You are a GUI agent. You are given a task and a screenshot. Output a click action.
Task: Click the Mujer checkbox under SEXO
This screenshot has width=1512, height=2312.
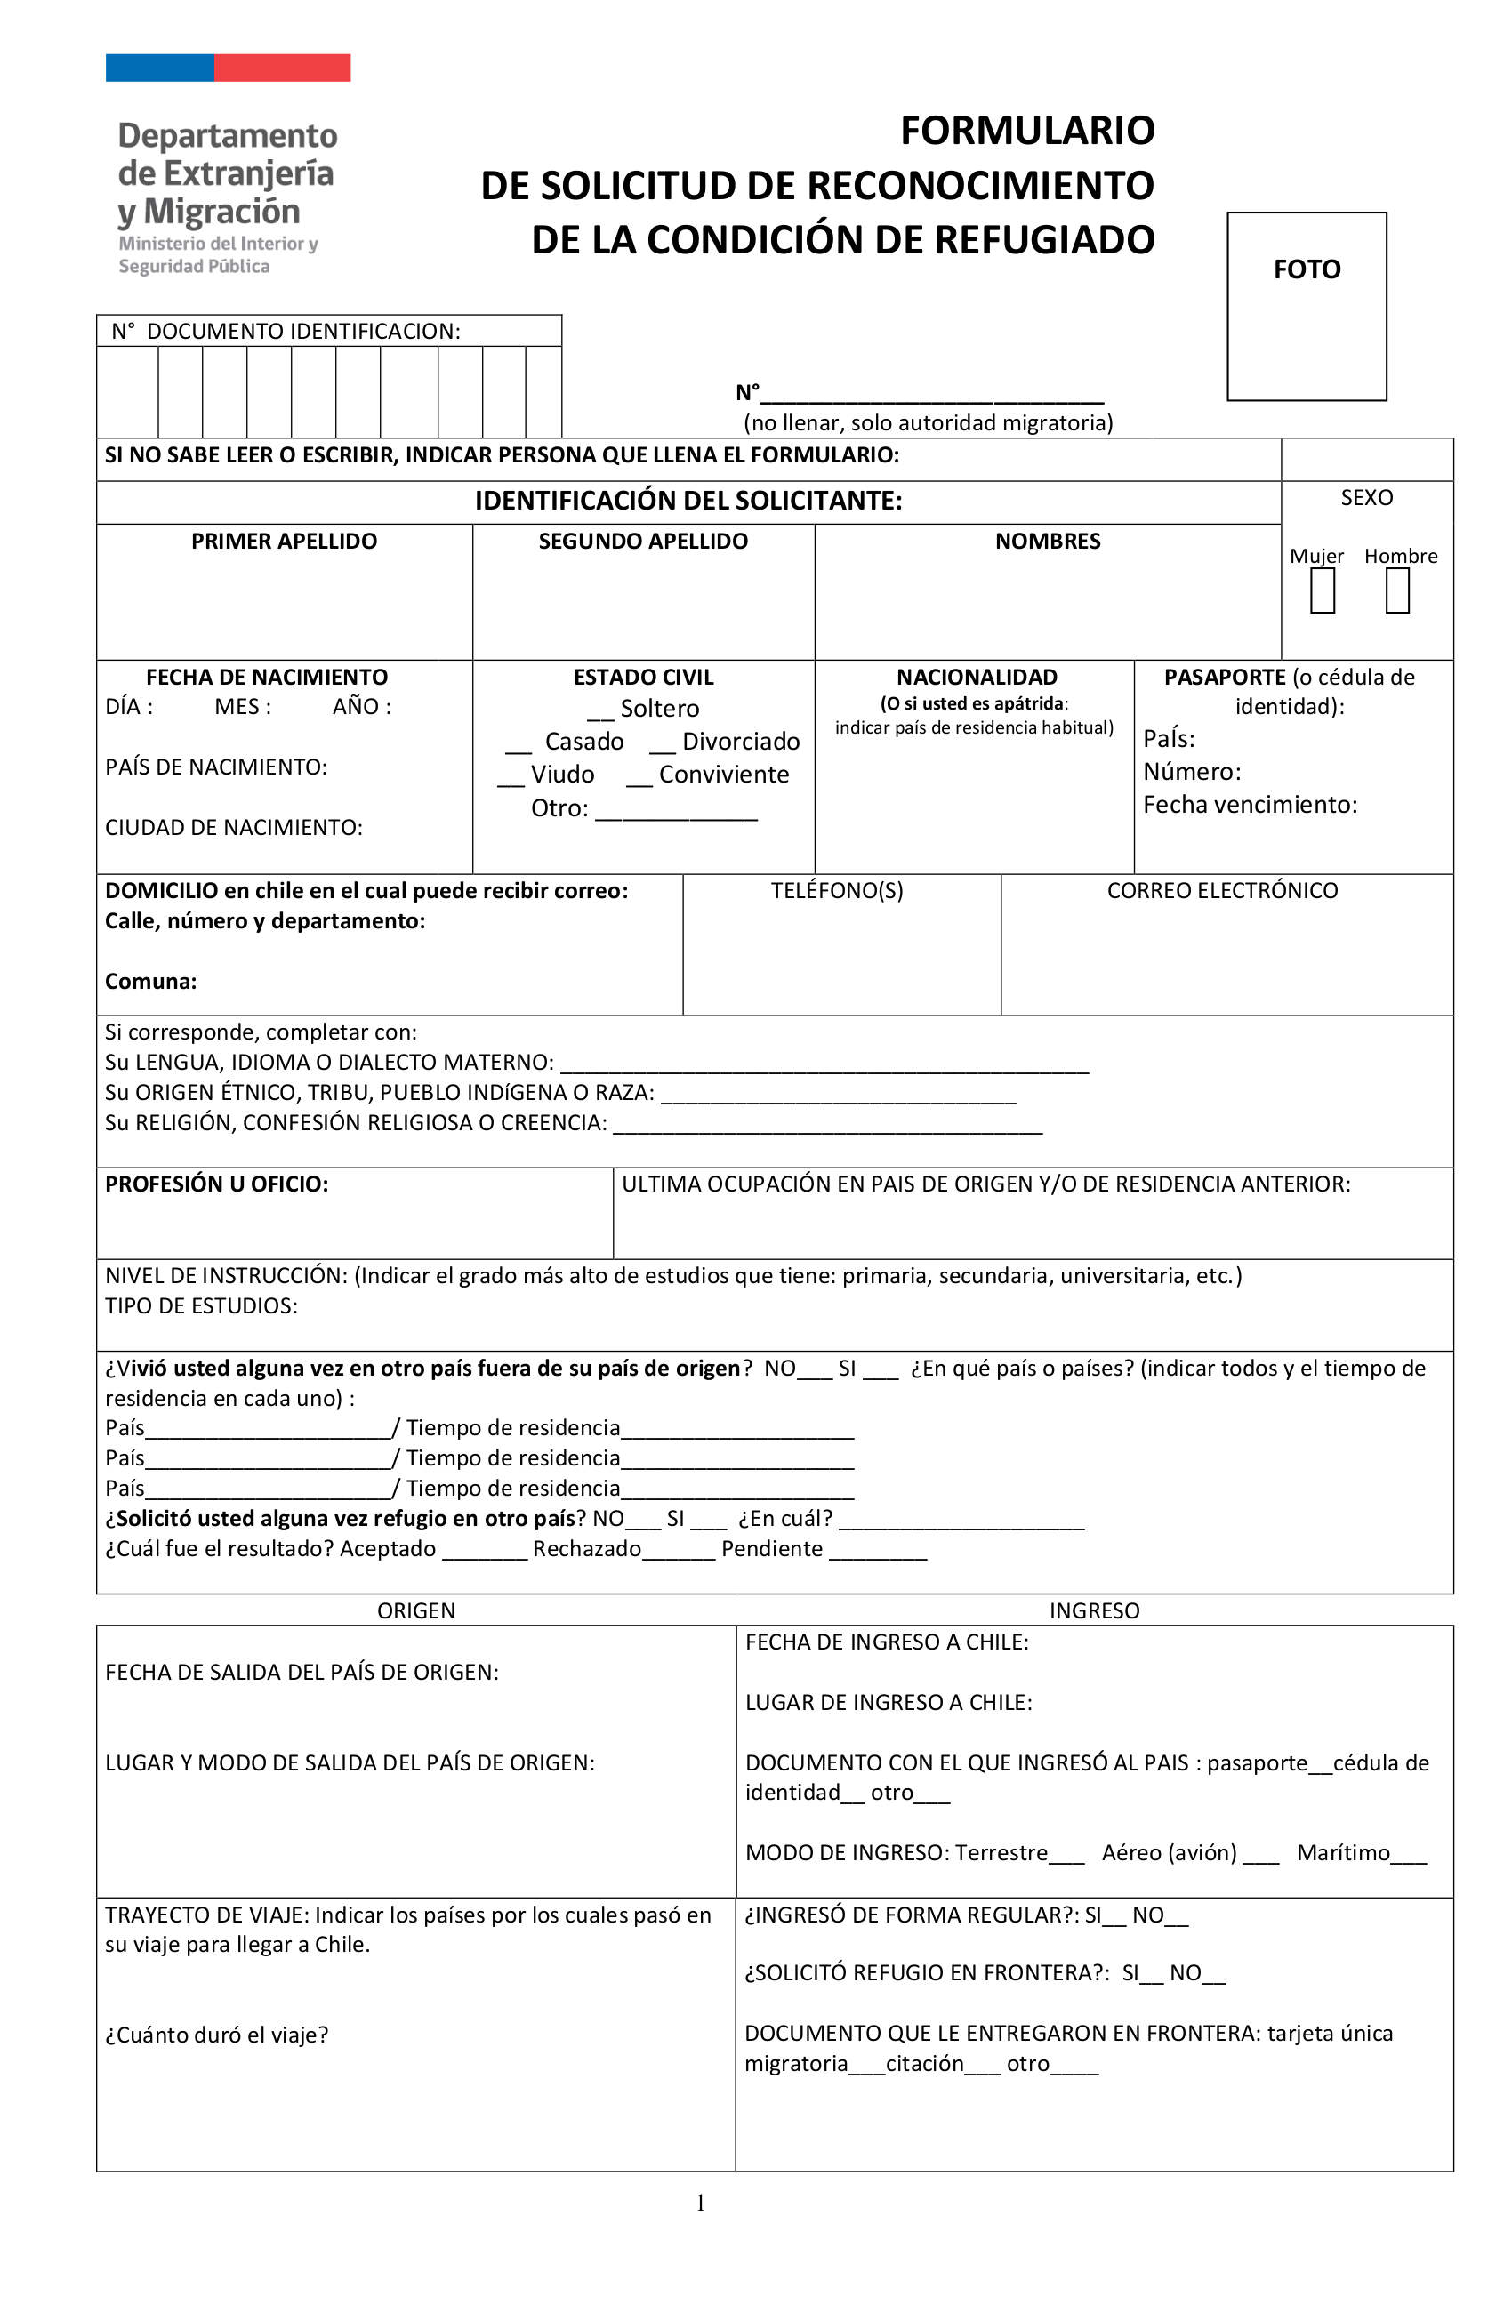[x=1322, y=590]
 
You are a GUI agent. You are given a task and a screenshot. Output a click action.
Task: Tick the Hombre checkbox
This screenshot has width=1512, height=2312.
[x=1396, y=590]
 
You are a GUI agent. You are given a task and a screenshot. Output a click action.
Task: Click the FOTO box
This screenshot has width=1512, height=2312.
[x=1306, y=305]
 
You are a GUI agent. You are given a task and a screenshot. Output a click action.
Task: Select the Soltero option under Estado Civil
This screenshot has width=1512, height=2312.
[x=642, y=708]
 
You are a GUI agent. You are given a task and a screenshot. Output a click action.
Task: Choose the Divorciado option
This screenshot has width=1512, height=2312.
[x=724, y=742]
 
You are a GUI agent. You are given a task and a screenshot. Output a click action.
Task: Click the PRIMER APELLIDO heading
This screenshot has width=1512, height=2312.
[x=284, y=541]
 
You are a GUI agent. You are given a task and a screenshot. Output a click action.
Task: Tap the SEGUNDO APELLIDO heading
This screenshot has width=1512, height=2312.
[x=643, y=541]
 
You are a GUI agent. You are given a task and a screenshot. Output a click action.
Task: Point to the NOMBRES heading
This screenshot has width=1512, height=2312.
[x=1047, y=541]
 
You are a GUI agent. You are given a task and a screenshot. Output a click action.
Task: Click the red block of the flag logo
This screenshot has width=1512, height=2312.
[x=282, y=67]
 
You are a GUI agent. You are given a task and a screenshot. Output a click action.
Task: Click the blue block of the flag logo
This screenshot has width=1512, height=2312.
[x=159, y=67]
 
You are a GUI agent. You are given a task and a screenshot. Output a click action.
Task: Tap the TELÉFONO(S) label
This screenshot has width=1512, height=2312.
[x=837, y=890]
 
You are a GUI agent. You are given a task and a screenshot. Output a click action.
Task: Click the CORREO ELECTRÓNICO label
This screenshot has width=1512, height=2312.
[x=1221, y=890]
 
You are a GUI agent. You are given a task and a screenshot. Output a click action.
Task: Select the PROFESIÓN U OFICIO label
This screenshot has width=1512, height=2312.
[x=217, y=1184]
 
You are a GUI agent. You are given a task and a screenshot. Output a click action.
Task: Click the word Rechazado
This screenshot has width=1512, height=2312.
[x=586, y=1547]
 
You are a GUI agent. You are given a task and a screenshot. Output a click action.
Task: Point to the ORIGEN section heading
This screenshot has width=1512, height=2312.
[x=416, y=1610]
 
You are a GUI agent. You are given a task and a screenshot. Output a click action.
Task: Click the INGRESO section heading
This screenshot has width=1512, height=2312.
[x=1093, y=1610]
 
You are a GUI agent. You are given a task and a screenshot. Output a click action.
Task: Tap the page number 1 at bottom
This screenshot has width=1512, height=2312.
[x=700, y=2203]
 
